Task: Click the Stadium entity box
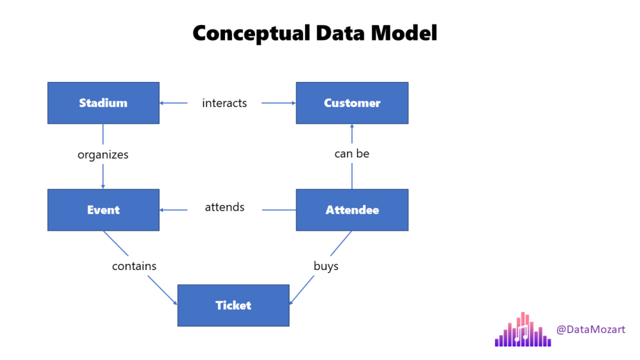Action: [x=103, y=103]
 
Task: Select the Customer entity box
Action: [x=352, y=103]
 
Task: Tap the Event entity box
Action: [x=103, y=210]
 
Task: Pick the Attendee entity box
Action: [x=352, y=210]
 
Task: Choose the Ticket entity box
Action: [x=233, y=305]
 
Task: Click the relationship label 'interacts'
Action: [x=224, y=103]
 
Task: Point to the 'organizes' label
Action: [x=103, y=154]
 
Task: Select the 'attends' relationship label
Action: [x=224, y=207]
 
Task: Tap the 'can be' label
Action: [x=352, y=153]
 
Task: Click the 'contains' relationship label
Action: [x=134, y=266]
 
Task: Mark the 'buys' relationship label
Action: [x=326, y=266]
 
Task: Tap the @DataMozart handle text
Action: [x=591, y=329]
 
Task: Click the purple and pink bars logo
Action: [x=522, y=331]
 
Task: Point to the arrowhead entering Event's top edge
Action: [x=103, y=186]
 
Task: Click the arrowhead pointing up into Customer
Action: [x=352, y=126]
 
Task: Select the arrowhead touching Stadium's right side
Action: [x=162, y=103]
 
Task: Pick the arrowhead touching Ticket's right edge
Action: [x=292, y=302]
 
